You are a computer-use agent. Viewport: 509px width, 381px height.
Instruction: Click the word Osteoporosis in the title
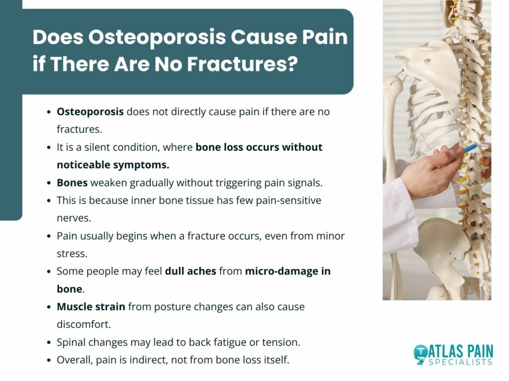[x=157, y=37]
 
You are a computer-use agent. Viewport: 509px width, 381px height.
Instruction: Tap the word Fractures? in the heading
[x=242, y=63]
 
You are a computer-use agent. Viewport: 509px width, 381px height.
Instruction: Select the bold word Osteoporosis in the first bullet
[x=90, y=112]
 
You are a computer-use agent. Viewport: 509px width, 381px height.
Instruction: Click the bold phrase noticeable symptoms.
[x=113, y=165]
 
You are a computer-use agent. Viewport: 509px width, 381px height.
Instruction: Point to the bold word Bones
[x=72, y=183]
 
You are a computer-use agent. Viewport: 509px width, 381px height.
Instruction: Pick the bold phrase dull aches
[x=190, y=271]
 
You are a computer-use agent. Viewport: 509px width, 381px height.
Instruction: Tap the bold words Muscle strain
[x=91, y=307]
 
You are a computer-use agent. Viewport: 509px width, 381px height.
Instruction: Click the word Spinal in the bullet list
[x=71, y=342]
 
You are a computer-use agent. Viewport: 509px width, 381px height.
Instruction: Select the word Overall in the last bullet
[x=75, y=360]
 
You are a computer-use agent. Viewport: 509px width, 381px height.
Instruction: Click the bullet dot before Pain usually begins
[x=49, y=236]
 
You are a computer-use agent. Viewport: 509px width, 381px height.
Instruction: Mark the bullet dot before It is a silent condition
[x=49, y=147]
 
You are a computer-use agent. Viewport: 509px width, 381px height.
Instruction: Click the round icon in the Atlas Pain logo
[x=421, y=354]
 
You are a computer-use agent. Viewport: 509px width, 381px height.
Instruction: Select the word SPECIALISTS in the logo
[x=461, y=362]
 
